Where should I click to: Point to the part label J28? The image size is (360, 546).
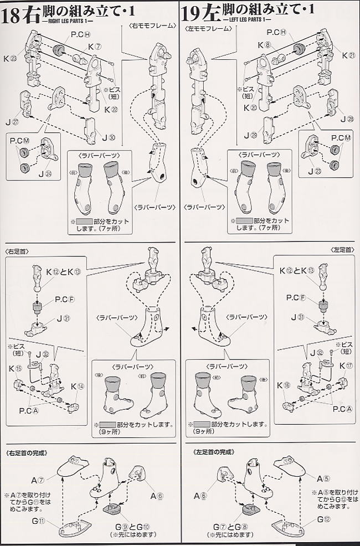click(x=348, y=119)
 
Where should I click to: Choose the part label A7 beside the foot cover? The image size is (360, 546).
click(x=38, y=479)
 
